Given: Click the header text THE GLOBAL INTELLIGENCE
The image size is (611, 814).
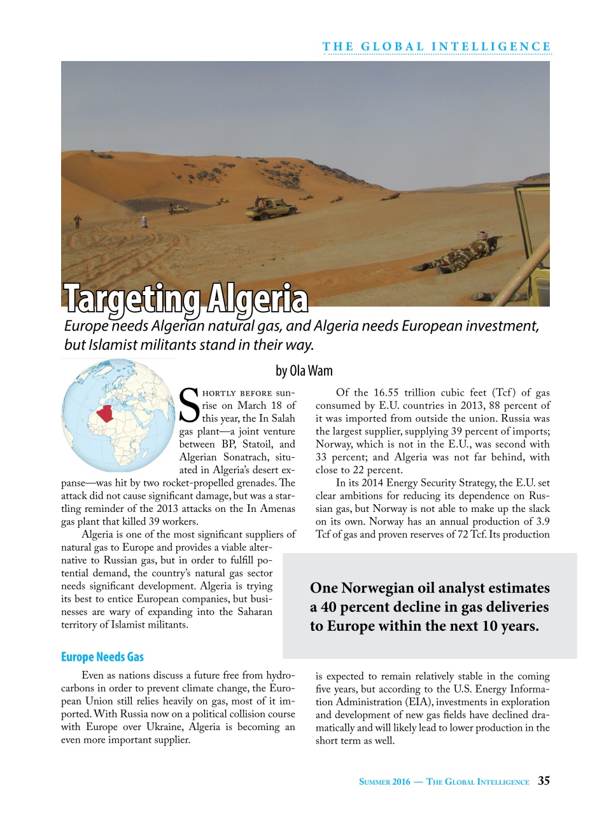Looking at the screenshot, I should pos(437,46).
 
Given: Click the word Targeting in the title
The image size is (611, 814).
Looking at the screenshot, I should pos(132,299).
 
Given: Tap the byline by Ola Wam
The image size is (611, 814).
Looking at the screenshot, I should pos(304,371).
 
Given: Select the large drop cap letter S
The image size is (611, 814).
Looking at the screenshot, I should pos(190,406).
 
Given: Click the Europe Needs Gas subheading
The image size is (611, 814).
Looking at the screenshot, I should pos(102,657).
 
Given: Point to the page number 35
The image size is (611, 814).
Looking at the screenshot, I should pos(544,781).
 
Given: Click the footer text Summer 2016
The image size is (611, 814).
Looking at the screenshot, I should pos(384,782).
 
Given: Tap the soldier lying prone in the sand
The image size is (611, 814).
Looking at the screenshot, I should pos(465,252).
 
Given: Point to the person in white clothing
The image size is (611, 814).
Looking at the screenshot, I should pos(144,223).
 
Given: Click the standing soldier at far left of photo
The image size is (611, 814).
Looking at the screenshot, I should pos(78,221).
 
